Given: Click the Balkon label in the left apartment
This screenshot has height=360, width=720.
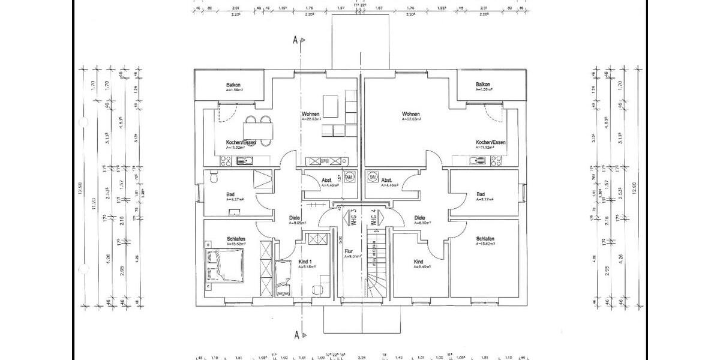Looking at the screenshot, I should click(233, 85).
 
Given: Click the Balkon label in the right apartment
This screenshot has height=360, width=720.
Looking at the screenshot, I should click(483, 85).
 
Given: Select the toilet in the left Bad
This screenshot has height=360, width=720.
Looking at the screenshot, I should click(214, 176).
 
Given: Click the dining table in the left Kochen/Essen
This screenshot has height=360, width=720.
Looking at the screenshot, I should click(259, 130).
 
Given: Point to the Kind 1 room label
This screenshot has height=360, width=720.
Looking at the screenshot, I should click(305, 262).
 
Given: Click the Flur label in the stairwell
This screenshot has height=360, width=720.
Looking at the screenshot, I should click(349, 252).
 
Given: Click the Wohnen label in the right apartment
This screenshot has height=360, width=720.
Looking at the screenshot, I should click(410, 113).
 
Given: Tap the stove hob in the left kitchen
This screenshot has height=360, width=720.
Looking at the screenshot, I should click(226, 160).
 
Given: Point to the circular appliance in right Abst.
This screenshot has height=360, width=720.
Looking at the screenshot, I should click(372, 178).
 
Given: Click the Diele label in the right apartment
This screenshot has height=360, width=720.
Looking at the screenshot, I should click(419, 218).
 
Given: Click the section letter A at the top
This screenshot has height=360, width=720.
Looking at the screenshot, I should click(295, 40).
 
